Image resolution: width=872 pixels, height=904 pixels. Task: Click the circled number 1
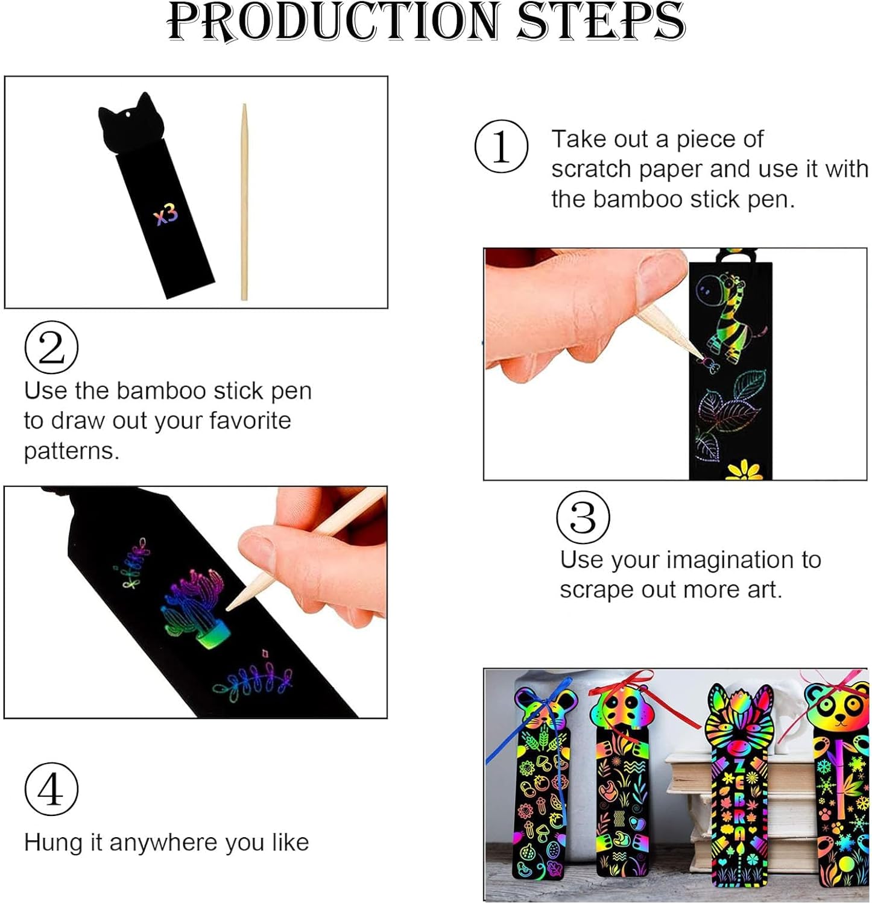(501, 146)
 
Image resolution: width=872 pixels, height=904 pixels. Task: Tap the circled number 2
(51, 347)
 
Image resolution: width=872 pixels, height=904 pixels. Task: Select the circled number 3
(583, 517)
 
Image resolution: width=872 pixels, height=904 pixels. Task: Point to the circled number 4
(51, 789)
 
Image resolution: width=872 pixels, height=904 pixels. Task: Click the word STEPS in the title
(601, 22)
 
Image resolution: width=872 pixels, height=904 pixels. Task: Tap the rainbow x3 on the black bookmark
(166, 214)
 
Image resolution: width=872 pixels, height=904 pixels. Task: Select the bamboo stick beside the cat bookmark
(244, 201)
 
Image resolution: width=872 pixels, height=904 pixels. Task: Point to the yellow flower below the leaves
(743, 470)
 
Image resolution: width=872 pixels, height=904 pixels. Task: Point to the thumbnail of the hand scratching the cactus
(196, 602)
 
